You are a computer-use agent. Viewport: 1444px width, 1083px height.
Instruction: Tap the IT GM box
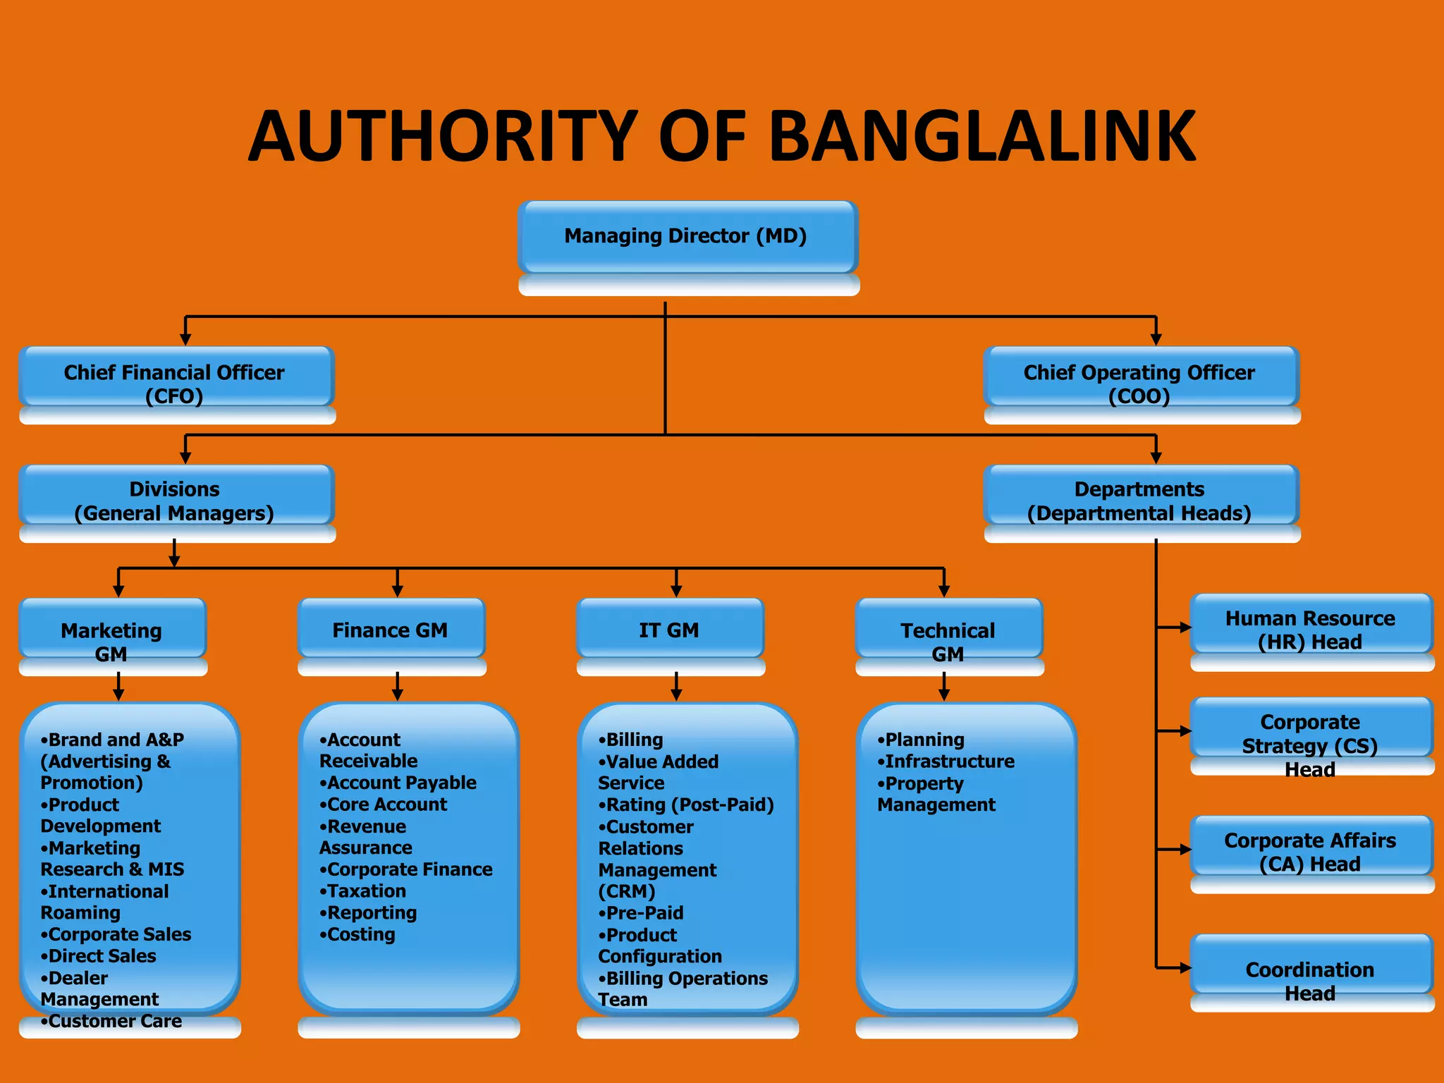click(669, 630)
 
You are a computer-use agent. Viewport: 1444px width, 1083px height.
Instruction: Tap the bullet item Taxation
click(367, 891)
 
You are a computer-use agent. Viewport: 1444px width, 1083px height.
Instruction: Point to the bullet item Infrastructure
click(949, 761)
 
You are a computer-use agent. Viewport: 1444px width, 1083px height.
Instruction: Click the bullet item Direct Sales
click(102, 956)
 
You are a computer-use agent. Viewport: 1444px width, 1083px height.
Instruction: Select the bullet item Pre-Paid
click(644, 913)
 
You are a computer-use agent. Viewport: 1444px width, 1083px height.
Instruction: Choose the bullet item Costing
click(361, 935)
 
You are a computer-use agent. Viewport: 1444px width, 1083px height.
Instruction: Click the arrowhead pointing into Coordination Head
click(1185, 968)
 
